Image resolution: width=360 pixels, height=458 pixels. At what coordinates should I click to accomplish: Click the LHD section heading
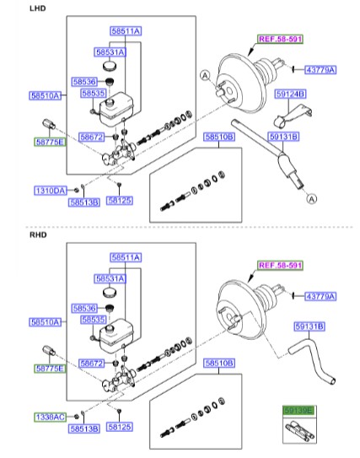[37, 8]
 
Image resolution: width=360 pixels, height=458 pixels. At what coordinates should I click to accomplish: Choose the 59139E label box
[298, 410]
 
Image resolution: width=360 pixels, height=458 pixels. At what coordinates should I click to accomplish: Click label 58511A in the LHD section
[125, 30]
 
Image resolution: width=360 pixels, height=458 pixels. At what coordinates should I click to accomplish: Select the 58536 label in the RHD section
[85, 309]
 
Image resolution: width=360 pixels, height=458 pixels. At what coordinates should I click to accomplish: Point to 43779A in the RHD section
[320, 296]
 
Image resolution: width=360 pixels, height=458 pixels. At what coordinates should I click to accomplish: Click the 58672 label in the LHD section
[92, 137]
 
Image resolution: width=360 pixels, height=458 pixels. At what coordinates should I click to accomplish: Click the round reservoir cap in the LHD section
[108, 66]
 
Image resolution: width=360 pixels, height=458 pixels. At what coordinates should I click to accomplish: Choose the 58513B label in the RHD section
[84, 428]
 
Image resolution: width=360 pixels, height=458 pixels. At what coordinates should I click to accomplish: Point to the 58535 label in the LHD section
[94, 94]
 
